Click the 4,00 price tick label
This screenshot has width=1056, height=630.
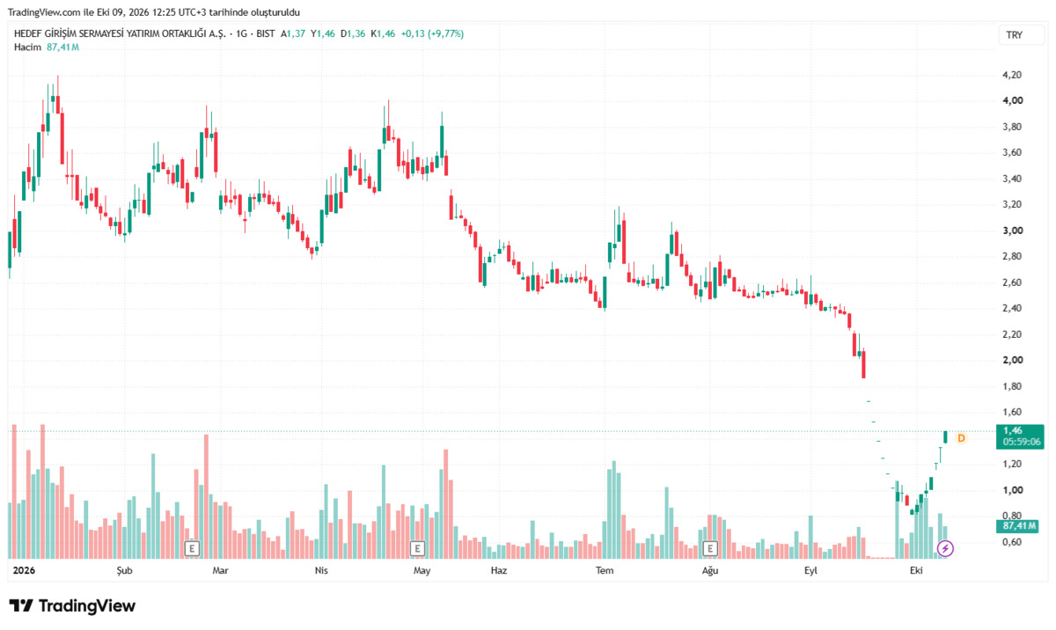click(1013, 100)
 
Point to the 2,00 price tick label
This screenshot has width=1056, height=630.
click(1013, 360)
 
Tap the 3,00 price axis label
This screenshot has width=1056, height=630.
click(1013, 231)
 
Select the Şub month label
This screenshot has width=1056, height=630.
click(124, 571)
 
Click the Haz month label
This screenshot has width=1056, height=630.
click(499, 571)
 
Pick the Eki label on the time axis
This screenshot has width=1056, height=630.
click(916, 571)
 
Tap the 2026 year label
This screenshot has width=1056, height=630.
click(24, 571)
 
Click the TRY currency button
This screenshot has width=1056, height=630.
click(1014, 35)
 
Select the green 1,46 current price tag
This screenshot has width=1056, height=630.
click(1020, 436)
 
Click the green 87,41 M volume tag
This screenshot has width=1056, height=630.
click(1017, 526)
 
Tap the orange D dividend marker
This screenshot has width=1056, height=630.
click(961, 438)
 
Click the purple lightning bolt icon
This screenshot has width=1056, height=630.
click(945, 548)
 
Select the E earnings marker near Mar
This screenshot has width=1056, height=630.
click(192, 548)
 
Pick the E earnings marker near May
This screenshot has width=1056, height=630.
click(417, 548)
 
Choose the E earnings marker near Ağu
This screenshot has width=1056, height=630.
click(710, 548)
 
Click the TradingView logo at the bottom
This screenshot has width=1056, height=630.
click(72, 605)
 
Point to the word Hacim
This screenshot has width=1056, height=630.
click(27, 48)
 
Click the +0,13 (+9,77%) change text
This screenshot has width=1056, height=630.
click(432, 34)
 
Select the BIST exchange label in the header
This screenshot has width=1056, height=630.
click(266, 34)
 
